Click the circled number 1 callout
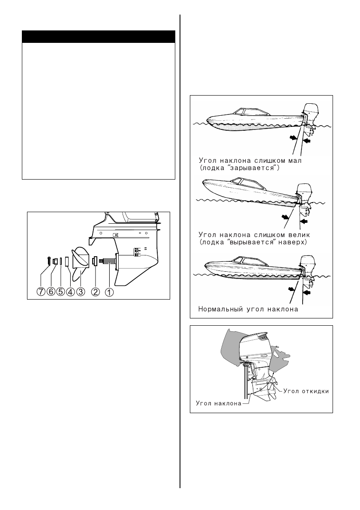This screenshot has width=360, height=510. [x=109, y=292]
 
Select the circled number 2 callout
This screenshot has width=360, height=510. [x=96, y=292]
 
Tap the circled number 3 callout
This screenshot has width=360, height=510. [x=81, y=292]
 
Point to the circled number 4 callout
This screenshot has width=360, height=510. [x=70, y=292]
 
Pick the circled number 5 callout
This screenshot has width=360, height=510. [x=60, y=292]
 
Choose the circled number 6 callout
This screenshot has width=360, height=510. [x=51, y=292]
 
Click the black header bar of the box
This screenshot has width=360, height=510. [x=99, y=36]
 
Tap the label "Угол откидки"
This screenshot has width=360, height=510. [x=305, y=390]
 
